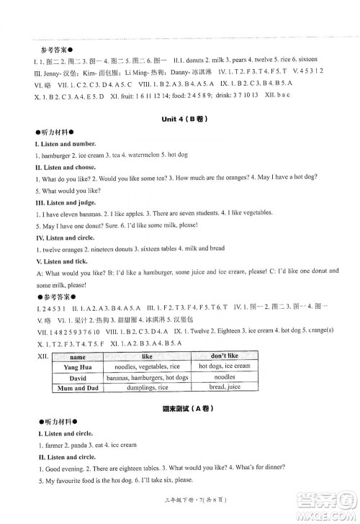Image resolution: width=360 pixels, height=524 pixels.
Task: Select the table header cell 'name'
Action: [78, 357]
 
